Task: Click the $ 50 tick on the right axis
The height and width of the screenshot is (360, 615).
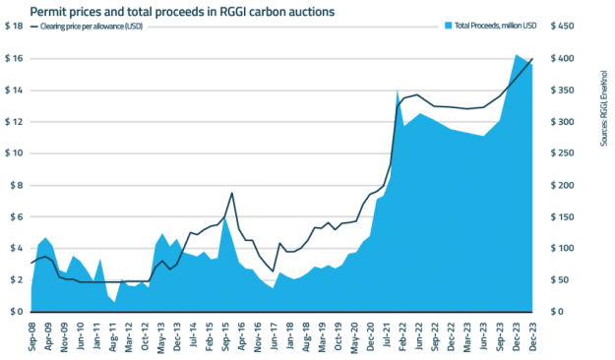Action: [x=556, y=280]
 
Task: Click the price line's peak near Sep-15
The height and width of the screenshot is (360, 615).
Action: [x=232, y=193]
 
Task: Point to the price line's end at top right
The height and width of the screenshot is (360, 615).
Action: [x=532, y=59]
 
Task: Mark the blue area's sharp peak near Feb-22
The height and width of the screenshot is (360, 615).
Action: [x=398, y=90]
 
